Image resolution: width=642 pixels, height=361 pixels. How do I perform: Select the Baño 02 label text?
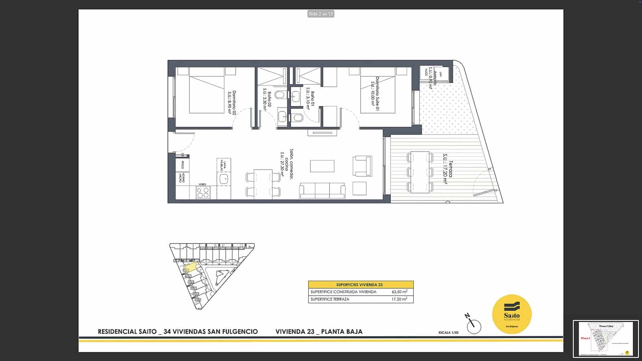click(267, 103)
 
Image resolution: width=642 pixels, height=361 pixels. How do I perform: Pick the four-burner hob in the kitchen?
click(203, 193)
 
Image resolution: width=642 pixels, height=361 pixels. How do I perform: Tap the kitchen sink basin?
click(223, 179)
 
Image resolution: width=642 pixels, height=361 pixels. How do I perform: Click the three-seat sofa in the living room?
click(322, 191)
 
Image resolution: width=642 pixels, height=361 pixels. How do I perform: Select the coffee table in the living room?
click(322, 166)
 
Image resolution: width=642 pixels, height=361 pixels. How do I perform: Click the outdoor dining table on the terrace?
click(420, 172)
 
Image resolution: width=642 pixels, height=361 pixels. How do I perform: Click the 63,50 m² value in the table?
click(399, 292)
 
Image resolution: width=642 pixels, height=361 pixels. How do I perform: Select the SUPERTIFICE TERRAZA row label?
click(330, 299)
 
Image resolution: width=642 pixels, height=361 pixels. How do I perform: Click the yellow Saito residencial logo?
click(512, 314)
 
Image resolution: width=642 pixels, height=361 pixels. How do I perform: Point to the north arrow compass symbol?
click(473, 324)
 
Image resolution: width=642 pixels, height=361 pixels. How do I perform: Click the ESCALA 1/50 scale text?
click(448, 333)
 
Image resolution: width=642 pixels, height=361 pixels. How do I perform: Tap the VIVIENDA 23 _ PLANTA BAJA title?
click(319, 332)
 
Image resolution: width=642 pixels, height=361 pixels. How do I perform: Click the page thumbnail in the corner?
click(605, 339)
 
